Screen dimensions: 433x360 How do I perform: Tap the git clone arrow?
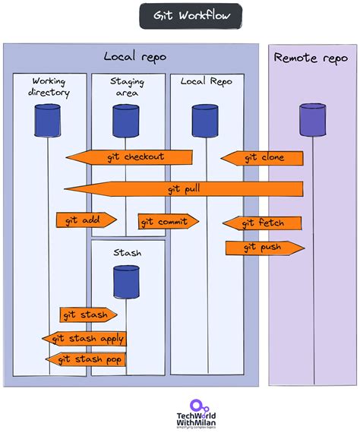(x=263, y=158)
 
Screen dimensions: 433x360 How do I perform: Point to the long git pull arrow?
(x=183, y=188)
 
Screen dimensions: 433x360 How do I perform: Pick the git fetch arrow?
(x=262, y=223)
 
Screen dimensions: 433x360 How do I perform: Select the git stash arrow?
(x=88, y=314)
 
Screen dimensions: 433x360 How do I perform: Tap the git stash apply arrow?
(x=84, y=339)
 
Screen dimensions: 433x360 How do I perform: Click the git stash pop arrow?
(x=86, y=359)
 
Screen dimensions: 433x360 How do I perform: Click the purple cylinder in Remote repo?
(x=312, y=119)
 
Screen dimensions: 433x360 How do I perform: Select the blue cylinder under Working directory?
(x=48, y=119)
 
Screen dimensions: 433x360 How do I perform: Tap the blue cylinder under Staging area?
(x=126, y=119)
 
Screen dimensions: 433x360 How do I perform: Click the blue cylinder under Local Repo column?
(x=205, y=119)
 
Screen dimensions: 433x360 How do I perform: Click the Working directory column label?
(x=50, y=87)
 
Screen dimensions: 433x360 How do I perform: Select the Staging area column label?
(x=127, y=87)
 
